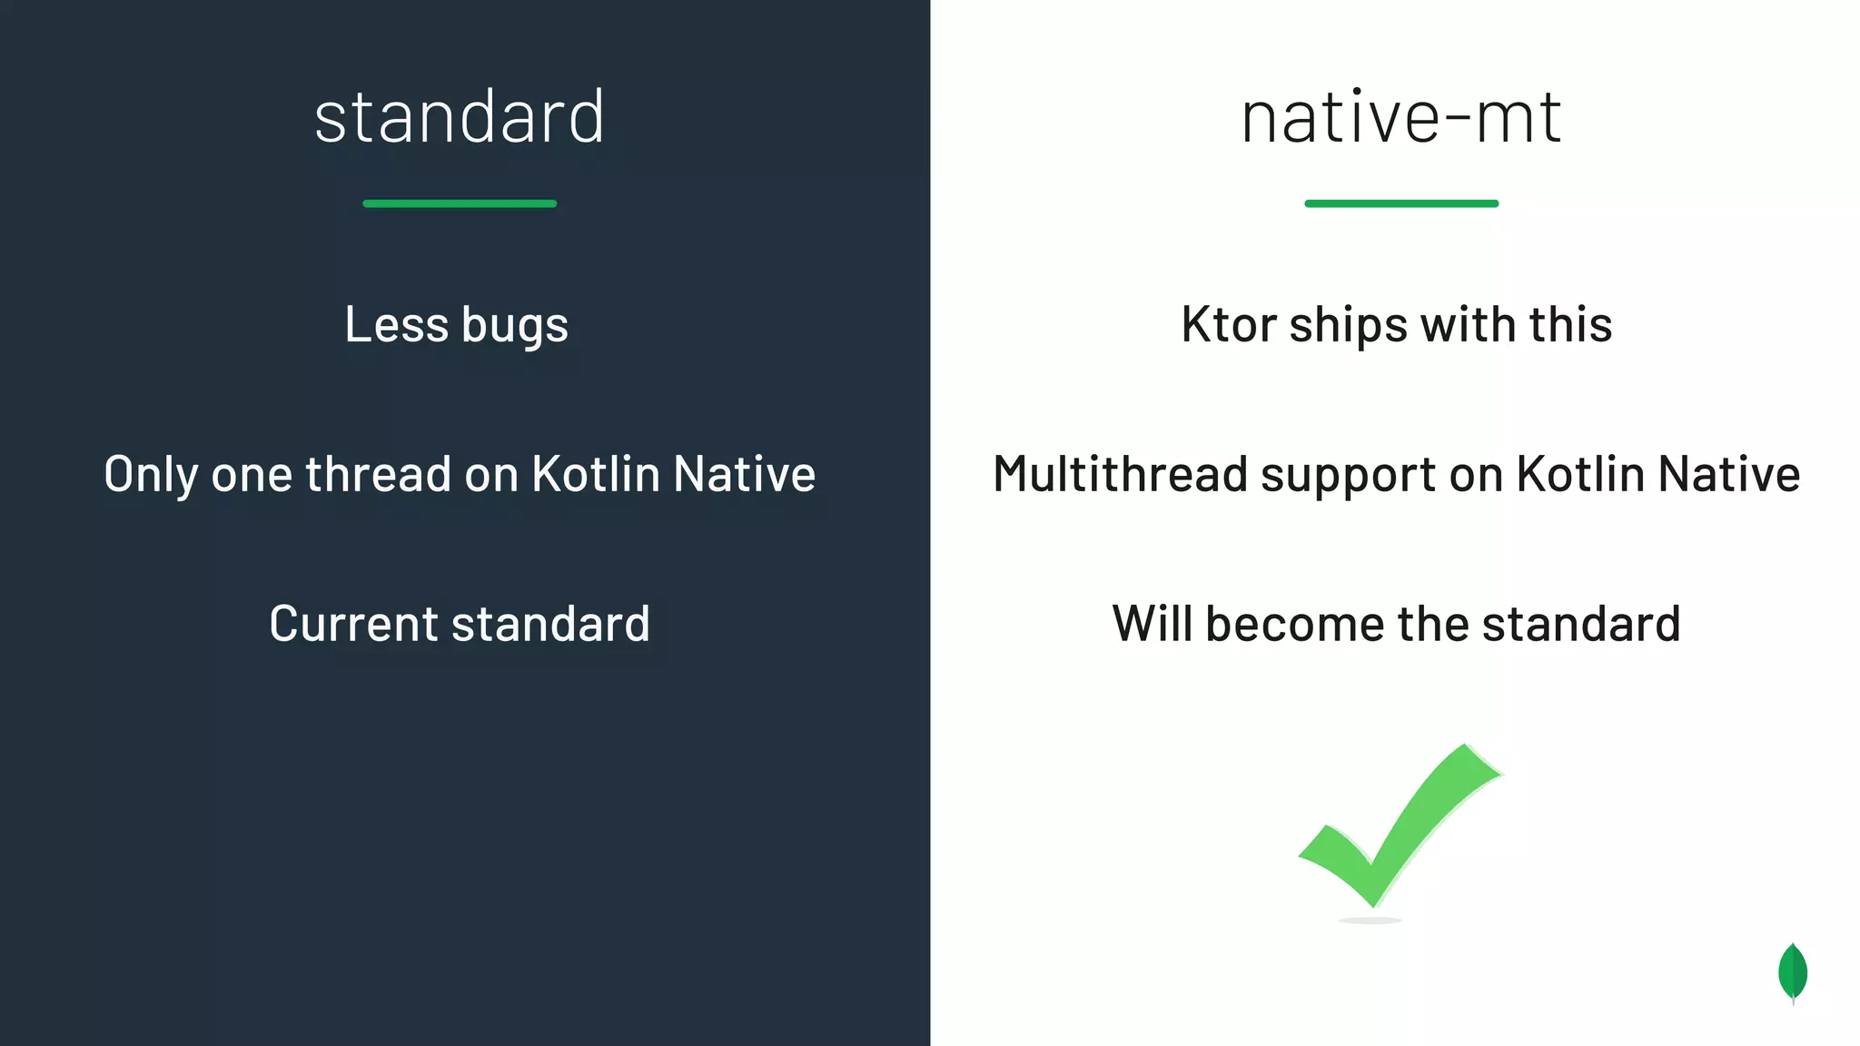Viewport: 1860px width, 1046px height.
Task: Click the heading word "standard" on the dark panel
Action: [460, 117]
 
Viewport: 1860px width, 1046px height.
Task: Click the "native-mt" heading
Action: [1400, 117]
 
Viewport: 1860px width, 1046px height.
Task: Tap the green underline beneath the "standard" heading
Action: [460, 203]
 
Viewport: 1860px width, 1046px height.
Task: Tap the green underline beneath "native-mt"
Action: [1400, 203]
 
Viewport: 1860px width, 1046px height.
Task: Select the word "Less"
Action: [396, 324]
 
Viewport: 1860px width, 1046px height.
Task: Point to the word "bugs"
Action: [515, 326]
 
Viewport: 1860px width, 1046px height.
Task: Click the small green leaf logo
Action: [1792, 972]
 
